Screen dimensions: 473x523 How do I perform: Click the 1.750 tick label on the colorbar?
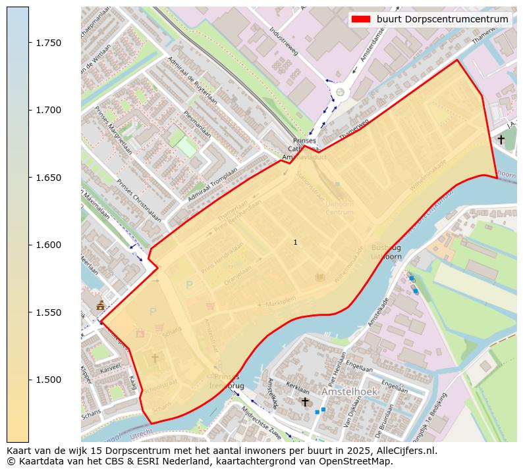pos(48,43)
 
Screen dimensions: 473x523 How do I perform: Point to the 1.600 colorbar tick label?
pos(48,245)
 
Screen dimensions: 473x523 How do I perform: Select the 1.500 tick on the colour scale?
pos(48,380)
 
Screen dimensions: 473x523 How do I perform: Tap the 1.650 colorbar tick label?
pos(48,178)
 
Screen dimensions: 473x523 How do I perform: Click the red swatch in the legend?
pos(362,19)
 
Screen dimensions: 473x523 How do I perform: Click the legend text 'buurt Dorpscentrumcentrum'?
pos(442,19)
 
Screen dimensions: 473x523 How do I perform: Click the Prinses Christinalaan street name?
pos(138,201)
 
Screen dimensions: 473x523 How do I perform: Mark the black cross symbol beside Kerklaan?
pos(304,401)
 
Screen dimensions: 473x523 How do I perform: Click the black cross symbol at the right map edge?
pos(501,139)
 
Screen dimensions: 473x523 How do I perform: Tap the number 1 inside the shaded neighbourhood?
pos(295,242)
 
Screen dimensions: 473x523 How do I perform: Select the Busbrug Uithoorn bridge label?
pos(386,252)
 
